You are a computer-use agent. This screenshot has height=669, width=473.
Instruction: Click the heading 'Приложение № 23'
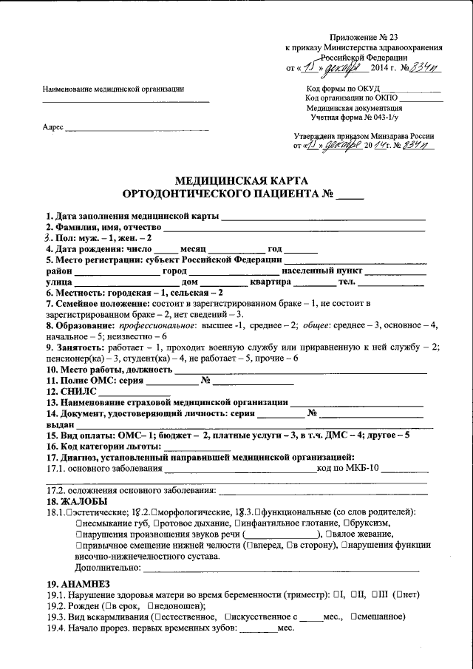364,37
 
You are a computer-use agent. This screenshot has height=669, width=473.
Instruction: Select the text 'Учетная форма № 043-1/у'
355,117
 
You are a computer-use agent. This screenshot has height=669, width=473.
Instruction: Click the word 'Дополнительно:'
108,567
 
